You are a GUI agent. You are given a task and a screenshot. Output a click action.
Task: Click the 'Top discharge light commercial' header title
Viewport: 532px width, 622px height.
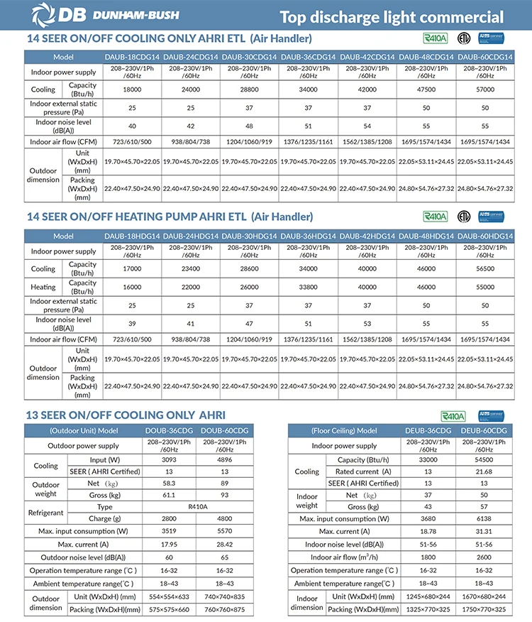(392, 17)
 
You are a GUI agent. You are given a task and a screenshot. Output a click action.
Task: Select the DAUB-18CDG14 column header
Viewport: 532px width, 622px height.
(133, 56)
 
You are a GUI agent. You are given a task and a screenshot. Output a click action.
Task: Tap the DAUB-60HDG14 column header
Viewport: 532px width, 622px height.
(484, 235)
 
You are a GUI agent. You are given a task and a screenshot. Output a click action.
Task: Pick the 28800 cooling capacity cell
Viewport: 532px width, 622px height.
(250, 90)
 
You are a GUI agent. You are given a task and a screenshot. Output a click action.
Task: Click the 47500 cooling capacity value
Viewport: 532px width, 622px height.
(426, 90)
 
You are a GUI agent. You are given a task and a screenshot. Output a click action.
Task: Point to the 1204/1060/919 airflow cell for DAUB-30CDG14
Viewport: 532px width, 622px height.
(250, 142)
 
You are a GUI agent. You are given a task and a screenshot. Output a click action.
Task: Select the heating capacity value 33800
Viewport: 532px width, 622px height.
(309, 287)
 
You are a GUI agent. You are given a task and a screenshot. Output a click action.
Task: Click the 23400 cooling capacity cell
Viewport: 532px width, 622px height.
(191, 269)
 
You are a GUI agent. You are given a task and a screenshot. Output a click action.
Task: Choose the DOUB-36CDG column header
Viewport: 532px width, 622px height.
(165, 431)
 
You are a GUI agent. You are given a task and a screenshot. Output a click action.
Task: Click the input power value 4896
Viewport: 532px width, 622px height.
(224, 460)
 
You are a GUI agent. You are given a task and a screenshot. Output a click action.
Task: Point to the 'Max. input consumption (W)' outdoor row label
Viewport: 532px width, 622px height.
(83, 532)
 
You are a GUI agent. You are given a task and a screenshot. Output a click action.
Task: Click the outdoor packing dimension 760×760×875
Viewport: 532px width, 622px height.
(224, 609)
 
